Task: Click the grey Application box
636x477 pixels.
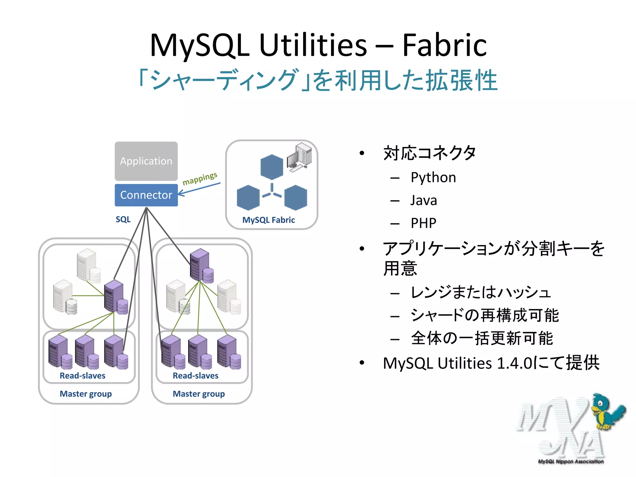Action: tap(146, 161)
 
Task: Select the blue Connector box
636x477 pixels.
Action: tap(146, 195)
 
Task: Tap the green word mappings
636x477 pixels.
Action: tap(200, 179)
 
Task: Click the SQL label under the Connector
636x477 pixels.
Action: tap(123, 220)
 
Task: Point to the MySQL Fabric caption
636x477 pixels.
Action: tap(268, 220)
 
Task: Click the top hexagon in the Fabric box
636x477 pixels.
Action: tap(272, 167)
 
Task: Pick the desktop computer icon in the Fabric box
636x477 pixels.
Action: tap(299, 157)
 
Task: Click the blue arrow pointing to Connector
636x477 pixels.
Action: tap(199, 189)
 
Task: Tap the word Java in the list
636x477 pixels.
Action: tap(424, 201)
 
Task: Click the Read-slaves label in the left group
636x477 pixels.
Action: tap(82, 376)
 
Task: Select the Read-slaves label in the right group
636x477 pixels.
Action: tap(195, 376)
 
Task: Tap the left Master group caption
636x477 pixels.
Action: tap(85, 394)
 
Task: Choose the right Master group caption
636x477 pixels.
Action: tap(198, 394)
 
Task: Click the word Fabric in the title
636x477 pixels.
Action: tap(444, 46)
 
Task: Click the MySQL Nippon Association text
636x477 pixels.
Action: tap(570, 461)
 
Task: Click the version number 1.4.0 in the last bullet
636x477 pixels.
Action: tap(514, 363)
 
